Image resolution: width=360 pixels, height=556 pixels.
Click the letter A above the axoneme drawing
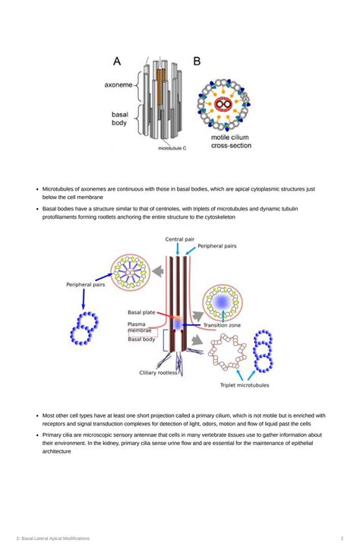tap(117, 61)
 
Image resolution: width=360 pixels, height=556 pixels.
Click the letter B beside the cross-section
tap(197, 61)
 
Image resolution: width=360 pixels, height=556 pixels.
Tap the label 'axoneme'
tap(118, 85)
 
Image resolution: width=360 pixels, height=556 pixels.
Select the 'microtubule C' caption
tap(172, 148)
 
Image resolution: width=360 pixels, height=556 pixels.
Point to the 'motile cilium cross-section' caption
tap(231, 141)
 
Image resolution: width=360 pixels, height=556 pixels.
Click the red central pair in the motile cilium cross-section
tap(223, 104)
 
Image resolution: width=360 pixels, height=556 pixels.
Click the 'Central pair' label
tap(179, 239)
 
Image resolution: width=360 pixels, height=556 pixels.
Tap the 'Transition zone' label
tap(222, 325)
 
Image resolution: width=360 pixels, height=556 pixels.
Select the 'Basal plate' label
tap(141, 312)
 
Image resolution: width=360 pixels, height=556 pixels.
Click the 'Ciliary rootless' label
tap(158, 373)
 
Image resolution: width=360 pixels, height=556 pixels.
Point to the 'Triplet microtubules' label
tap(245, 385)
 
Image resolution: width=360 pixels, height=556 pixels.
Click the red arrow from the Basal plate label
tap(166, 315)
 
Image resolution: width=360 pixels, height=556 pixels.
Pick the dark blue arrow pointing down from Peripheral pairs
tap(84, 299)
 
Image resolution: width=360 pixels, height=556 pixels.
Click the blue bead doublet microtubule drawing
tap(84, 328)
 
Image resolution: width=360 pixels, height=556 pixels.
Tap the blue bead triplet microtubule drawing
tap(264, 351)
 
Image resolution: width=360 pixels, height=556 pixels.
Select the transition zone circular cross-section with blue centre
tap(223, 302)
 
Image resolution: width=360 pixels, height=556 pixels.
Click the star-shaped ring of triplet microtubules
tap(227, 352)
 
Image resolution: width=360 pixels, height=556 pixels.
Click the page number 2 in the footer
tap(342, 539)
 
